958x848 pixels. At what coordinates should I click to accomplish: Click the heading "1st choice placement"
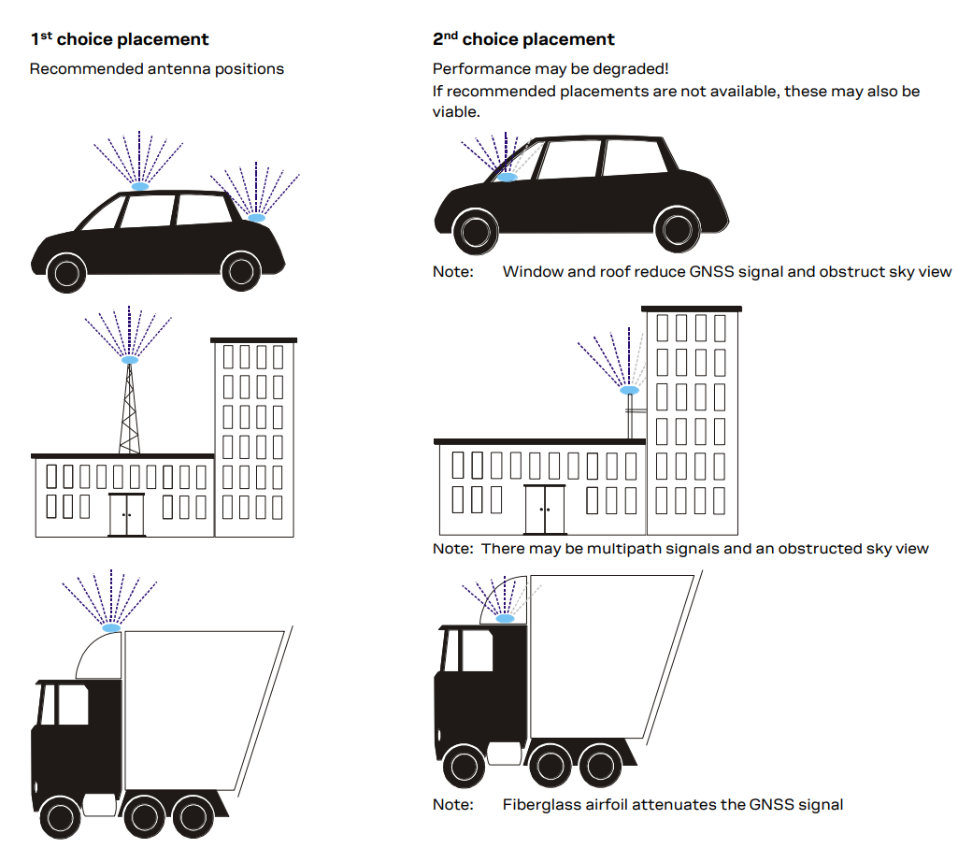point(120,39)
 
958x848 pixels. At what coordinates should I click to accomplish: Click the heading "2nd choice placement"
point(523,39)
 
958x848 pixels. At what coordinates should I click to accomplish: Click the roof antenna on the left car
point(139,187)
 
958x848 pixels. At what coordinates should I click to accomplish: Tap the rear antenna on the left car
point(256,218)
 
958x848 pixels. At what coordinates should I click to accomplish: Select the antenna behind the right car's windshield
point(507,177)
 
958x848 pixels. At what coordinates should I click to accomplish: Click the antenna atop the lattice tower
point(130,360)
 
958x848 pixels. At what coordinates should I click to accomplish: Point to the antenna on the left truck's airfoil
point(111,627)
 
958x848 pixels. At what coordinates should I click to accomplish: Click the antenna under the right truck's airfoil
point(506,619)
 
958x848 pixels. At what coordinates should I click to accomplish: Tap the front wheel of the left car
point(67,272)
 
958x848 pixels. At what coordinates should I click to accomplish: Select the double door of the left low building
point(127,514)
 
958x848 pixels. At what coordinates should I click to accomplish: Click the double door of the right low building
point(546,510)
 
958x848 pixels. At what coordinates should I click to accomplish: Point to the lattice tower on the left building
point(130,411)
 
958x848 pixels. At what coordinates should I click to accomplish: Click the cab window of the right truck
point(475,650)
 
